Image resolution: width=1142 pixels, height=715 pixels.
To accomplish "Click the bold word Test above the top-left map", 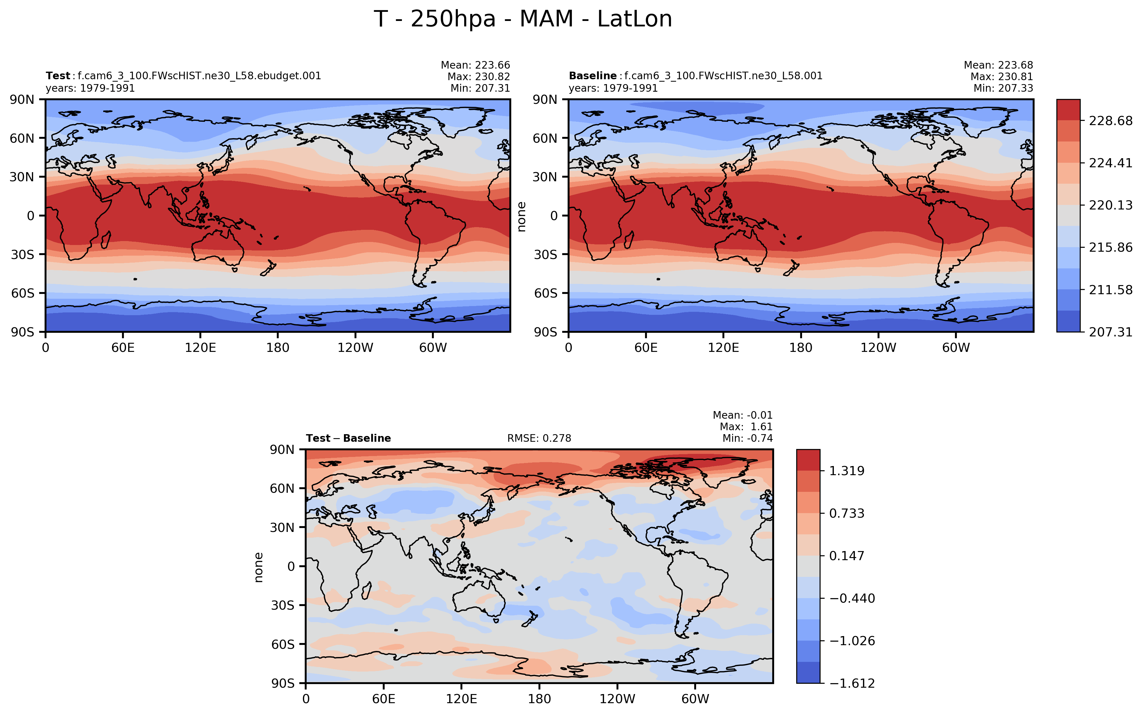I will click(x=58, y=76).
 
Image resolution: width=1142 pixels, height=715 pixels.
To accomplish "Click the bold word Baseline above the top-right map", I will click(x=592, y=76).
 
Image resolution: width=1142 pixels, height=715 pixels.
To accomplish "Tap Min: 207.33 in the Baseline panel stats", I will click(x=1003, y=88).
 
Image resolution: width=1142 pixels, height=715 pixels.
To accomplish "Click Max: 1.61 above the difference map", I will click(x=746, y=427).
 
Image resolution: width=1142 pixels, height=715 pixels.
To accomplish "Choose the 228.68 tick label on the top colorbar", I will click(x=1110, y=121).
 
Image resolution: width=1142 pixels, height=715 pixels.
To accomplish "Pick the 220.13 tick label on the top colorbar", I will click(x=1110, y=205).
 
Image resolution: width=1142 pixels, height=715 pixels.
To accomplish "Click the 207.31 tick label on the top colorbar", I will click(x=1110, y=332).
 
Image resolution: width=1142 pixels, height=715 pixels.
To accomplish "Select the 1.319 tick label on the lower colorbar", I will click(x=847, y=471).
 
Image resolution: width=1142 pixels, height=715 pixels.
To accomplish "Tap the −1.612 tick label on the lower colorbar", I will click(x=852, y=683).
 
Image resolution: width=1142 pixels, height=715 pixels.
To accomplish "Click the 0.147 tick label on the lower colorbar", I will click(x=847, y=556).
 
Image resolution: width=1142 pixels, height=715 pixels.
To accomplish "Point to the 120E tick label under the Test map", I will click(x=200, y=348).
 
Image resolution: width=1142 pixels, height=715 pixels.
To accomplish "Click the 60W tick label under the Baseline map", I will click(x=956, y=348).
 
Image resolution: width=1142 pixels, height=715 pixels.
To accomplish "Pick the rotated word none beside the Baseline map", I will click(x=522, y=216).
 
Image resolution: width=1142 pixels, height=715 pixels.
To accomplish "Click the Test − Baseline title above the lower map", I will click(x=348, y=438).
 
